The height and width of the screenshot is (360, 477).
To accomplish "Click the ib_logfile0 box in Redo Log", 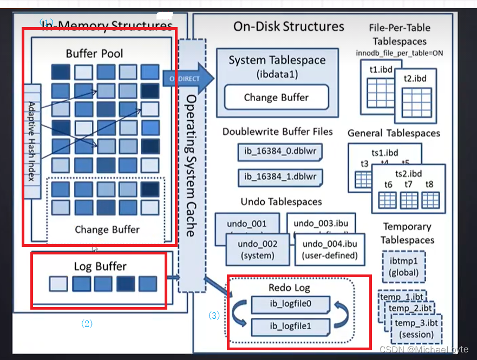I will (290, 304).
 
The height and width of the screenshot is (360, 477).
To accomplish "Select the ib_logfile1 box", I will (290, 326).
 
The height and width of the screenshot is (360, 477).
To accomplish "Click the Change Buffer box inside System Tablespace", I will (276, 97).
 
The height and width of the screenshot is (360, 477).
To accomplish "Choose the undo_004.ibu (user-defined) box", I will (330, 250).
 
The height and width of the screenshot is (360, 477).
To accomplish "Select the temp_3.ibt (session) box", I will (414, 329).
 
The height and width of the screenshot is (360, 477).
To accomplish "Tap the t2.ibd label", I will (415, 78).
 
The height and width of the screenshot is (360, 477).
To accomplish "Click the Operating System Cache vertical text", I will (191, 165).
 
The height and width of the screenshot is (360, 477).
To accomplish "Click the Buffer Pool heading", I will (94, 54).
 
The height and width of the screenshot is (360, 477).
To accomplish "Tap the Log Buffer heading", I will (100, 266).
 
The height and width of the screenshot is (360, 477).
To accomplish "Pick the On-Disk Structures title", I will (289, 27).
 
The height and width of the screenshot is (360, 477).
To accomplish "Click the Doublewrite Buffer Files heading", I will (277, 132).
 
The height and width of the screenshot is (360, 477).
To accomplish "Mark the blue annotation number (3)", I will (214, 315).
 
